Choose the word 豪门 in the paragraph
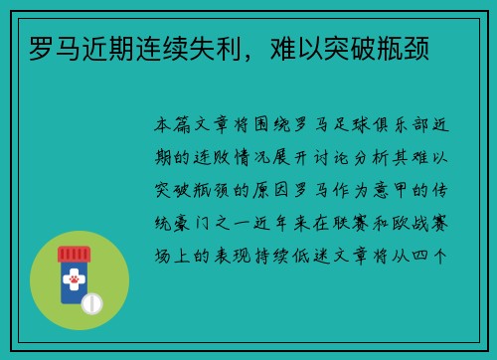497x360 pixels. pyautogui.click(x=190, y=222)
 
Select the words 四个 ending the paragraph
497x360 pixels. pyautogui.click(x=434, y=254)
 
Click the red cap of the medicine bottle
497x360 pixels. pyautogui.click(x=73, y=255)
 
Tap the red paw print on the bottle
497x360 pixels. pyautogui.click(x=73, y=293)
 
